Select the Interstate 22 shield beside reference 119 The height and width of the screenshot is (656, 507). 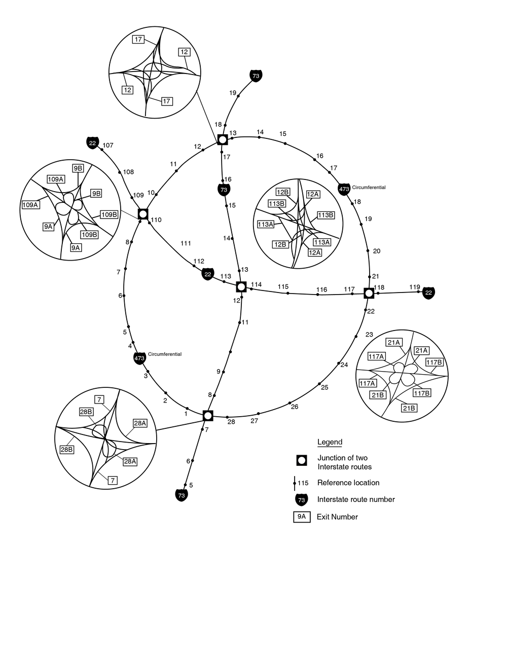tap(429, 293)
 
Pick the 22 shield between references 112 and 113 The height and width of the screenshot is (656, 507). tap(208, 274)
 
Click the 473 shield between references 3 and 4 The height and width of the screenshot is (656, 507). tap(139, 358)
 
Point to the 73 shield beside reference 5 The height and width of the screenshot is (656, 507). tap(182, 494)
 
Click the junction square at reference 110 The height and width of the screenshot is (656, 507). tap(143, 213)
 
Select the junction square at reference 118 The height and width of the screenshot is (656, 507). tap(369, 293)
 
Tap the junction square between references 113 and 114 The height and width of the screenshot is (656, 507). tap(241, 287)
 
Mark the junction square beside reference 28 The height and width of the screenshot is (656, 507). tap(208, 416)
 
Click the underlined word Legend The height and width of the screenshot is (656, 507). tap(330, 442)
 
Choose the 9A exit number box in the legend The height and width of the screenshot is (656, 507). tap(302, 517)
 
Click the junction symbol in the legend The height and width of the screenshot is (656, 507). tap(302, 460)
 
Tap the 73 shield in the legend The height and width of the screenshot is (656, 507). tap(302, 499)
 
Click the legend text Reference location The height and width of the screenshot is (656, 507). tap(348, 483)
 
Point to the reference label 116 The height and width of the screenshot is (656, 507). tap(321, 290)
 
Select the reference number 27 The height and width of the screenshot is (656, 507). tap(255, 421)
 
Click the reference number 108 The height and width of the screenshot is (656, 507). tap(128, 172)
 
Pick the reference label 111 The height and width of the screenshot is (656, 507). tap(186, 244)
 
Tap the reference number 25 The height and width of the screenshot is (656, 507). tap(324, 388)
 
